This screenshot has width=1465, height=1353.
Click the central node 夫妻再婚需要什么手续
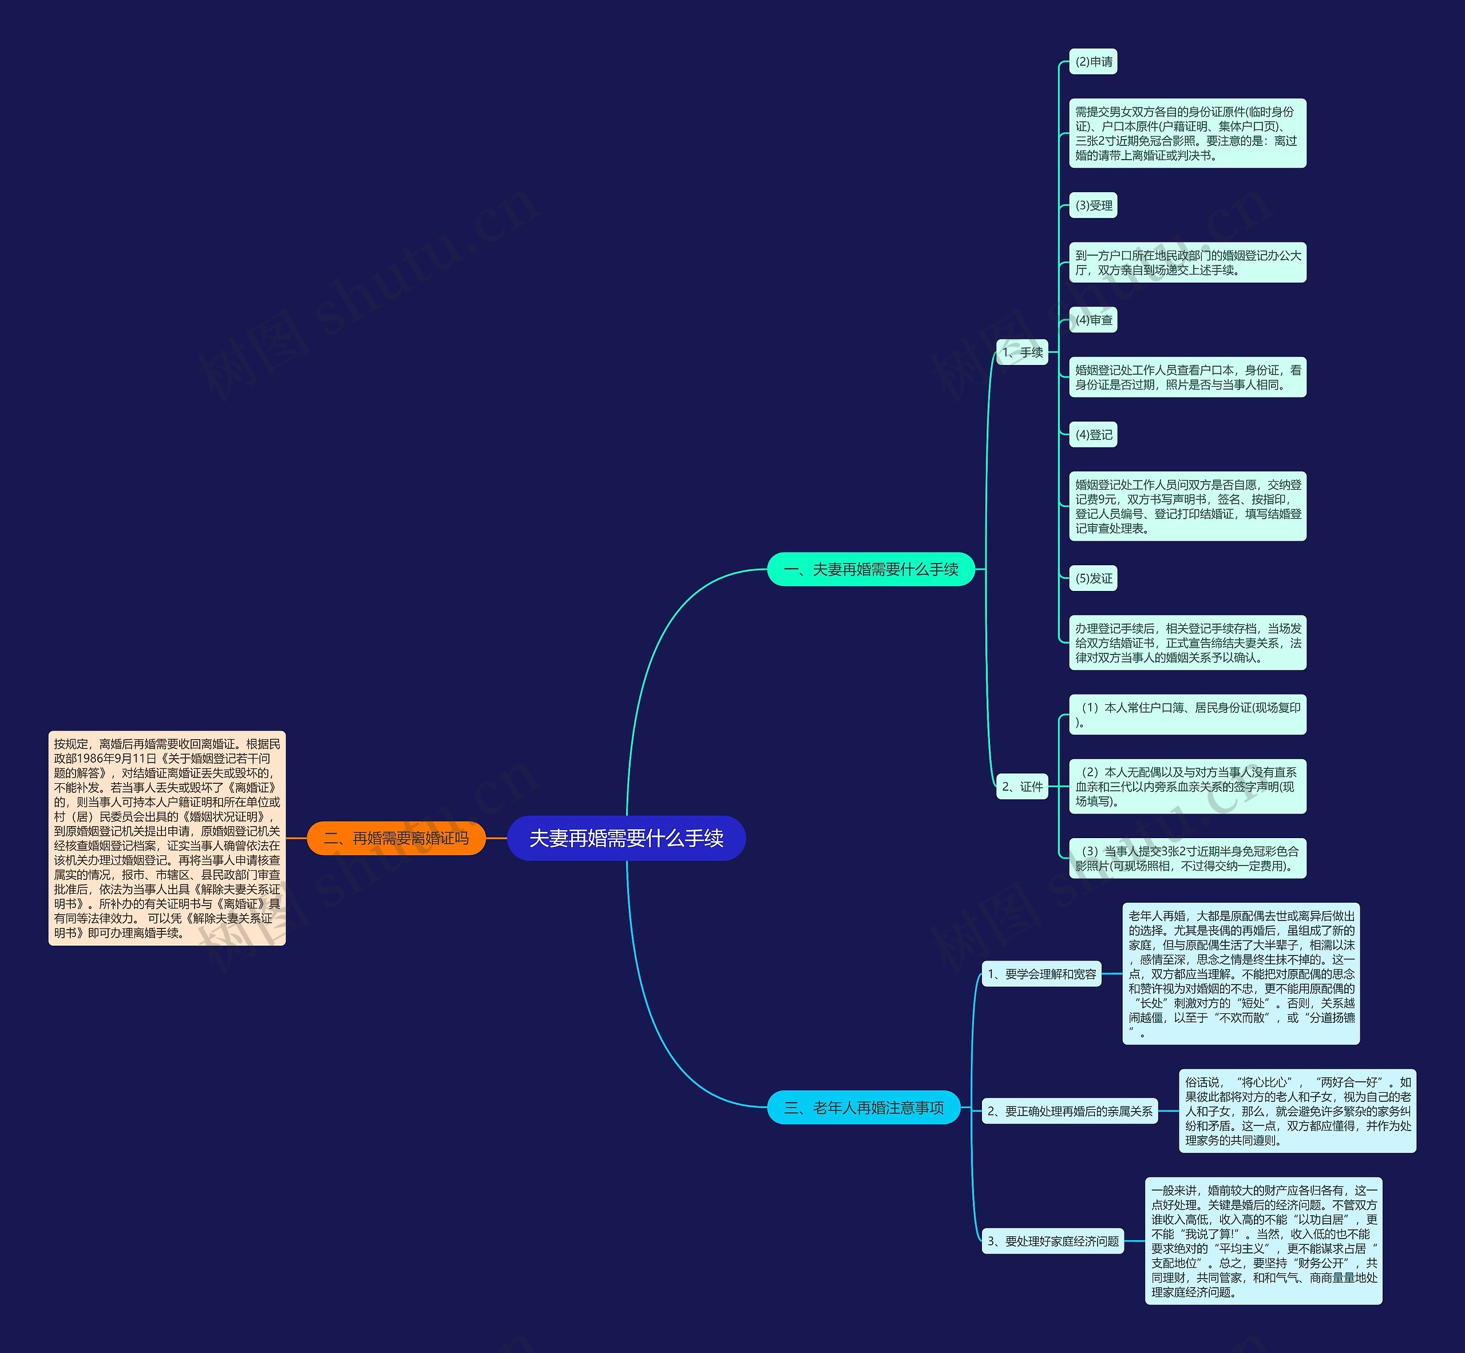(x=626, y=838)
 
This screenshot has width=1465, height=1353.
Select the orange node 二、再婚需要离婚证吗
(x=396, y=838)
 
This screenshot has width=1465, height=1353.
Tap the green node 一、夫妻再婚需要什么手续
(x=871, y=569)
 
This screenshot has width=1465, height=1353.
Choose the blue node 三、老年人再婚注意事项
(x=864, y=1108)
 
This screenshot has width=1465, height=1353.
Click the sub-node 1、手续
(x=1023, y=352)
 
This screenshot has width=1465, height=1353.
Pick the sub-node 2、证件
(x=1023, y=786)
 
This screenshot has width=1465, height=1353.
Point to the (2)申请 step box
(x=1094, y=62)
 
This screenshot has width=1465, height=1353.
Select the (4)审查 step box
(x=1094, y=320)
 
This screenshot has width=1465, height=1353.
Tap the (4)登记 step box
(x=1094, y=434)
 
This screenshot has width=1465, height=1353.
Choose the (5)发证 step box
(x=1094, y=578)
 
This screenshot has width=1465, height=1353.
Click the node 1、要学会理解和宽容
(x=1042, y=974)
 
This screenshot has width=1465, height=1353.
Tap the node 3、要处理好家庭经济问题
(x=1052, y=1241)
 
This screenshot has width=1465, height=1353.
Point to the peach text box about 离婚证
(x=167, y=838)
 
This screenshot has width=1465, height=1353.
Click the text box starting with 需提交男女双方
(x=1188, y=133)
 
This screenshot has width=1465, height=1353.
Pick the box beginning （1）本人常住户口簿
(x=1188, y=715)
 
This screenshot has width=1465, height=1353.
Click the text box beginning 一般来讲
(x=1264, y=1241)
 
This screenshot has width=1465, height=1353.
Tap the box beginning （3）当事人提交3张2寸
(x=1188, y=858)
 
